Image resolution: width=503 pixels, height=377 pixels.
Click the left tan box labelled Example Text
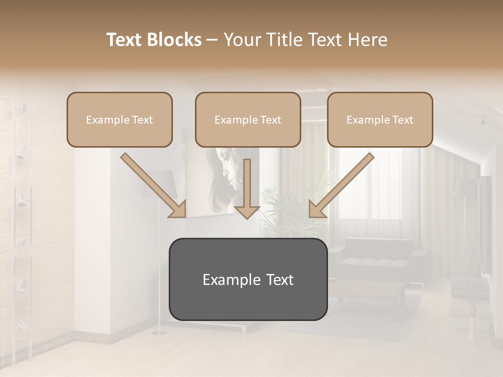tap(119, 119)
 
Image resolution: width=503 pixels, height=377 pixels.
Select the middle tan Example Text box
tap(248, 119)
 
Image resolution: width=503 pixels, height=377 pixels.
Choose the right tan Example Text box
tap(380, 119)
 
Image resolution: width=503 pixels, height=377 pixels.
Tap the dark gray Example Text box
tap(248, 279)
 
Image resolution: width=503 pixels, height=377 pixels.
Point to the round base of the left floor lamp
tap(159, 332)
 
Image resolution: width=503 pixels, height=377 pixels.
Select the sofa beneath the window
tap(377, 257)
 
